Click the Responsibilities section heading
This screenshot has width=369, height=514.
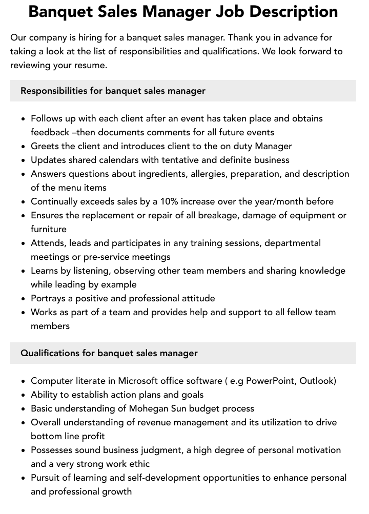(113, 91)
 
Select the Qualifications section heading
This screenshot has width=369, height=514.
(109, 353)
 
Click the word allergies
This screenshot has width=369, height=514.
(209, 174)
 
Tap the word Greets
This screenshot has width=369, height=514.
(45, 146)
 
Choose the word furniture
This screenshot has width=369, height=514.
(49, 229)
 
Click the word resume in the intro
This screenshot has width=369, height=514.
(90, 66)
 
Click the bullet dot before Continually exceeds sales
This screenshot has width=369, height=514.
(24, 202)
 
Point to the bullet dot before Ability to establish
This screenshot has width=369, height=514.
(24, 395)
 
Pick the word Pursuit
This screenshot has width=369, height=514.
(47, 478)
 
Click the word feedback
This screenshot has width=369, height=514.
(50, 132)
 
